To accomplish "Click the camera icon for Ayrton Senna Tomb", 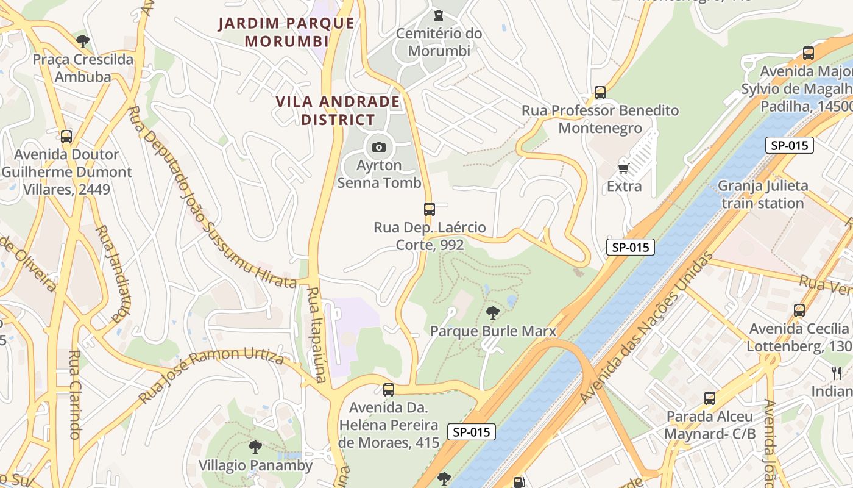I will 378,147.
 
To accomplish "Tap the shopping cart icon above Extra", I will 623,168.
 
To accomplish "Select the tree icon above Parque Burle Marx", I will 492,313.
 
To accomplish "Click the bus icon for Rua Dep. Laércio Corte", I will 430,209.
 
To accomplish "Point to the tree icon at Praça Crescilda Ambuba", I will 83,41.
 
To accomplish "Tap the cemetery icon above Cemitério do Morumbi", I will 438,15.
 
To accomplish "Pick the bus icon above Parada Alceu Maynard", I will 709,398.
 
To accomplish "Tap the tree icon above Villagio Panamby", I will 255,447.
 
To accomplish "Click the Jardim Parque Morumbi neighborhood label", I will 286,32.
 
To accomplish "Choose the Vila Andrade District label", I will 338,110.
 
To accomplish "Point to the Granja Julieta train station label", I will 763,194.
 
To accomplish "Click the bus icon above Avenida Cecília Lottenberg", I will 799,310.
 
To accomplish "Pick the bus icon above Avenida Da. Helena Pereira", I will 388,389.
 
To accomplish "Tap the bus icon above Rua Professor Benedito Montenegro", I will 600,93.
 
